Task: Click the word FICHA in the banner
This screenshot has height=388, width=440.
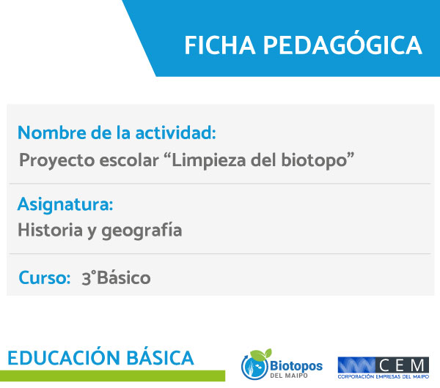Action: point(220,45)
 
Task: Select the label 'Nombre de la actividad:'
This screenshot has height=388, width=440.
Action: point(117,133)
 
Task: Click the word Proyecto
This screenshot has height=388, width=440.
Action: point(57,161)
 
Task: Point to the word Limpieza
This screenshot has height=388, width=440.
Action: point(208,161)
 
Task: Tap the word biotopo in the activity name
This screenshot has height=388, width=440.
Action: point(314,161)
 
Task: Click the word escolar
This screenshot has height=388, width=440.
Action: point(129,160)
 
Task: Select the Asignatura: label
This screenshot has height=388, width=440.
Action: point(65,205)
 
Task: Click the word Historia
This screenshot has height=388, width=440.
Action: point(50,230)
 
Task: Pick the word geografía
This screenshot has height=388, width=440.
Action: point(142,231)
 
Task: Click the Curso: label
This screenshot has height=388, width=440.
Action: point(44,277)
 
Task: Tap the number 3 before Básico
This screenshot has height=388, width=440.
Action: point(87,278)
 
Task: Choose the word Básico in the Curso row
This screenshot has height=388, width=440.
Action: point(124,277)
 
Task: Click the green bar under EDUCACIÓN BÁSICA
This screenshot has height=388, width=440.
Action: point(112,376)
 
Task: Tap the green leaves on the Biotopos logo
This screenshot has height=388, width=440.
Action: point(261,354)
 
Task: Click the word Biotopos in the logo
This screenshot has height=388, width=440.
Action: point(296,366)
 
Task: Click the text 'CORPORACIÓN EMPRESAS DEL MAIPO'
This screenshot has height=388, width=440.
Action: point(384,377)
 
